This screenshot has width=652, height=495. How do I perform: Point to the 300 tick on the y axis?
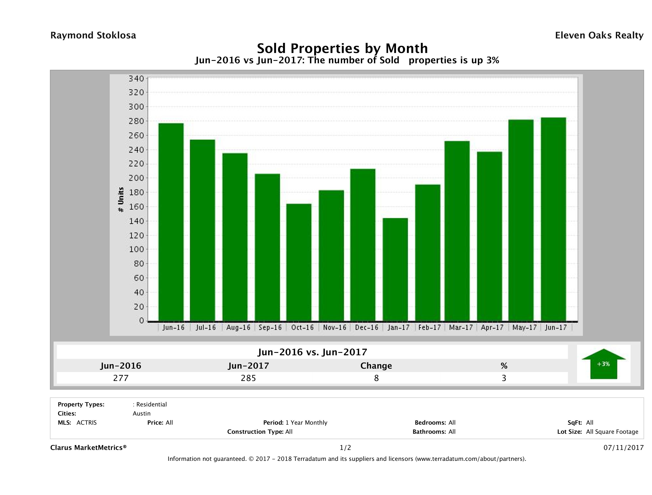136,107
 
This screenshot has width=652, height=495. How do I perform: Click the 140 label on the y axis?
136,221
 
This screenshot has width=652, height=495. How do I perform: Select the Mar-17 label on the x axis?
460,327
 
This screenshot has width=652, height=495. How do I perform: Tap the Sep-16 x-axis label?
270,327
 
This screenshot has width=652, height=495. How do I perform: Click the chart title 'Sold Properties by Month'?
342,48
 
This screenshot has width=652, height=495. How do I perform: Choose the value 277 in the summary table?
121,378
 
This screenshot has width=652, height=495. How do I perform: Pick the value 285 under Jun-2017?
249,378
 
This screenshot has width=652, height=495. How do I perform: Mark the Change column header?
376,366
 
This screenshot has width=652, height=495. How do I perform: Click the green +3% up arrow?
603,364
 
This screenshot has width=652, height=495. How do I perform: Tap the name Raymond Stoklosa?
93,35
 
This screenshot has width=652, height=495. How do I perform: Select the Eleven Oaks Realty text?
599,35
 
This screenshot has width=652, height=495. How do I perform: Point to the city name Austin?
141,414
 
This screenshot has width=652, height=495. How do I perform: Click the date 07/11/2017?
623,448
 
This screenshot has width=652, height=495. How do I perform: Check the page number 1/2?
345,448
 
